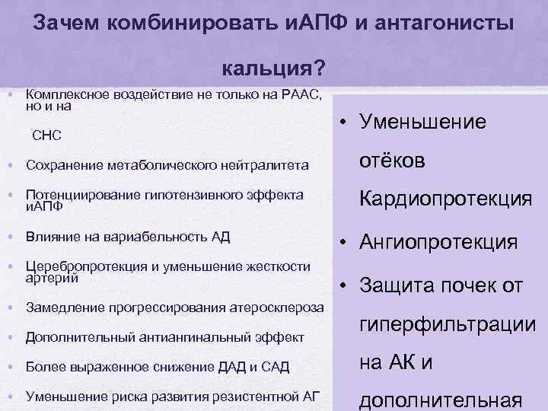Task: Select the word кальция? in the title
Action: click(x=275, y=69)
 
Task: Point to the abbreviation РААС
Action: click(x=301, y=95)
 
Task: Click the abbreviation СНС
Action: click(x=46, y=135)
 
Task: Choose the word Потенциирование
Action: click(x=80, y=195)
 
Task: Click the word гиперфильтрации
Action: click(x=448, y=325)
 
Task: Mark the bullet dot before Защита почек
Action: click(x=344, y=286)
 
